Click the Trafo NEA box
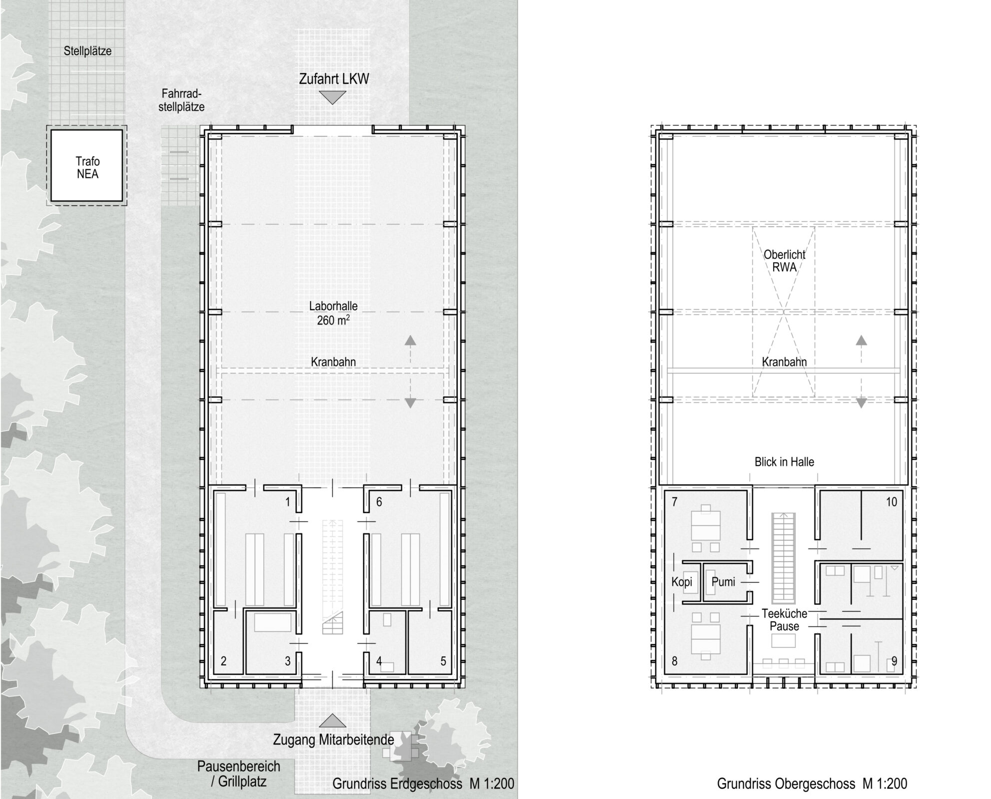coord(87,165)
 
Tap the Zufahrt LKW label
coord(334,79)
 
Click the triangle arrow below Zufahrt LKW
coord(332,98)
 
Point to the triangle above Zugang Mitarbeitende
coord(332,720)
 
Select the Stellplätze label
coord(87,51)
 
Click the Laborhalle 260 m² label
coord(333,313)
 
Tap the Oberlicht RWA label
coord(784,260)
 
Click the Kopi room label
coord(682,582)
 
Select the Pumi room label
coord(723,582)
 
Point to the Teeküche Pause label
coord(784,620)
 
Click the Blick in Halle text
coord(784,462)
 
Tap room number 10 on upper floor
coord(892,502)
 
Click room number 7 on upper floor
coord(675,502)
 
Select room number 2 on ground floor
coord(223,661)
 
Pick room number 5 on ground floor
coord(443,661)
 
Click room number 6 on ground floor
coord(379,502)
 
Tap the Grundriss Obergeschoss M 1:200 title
coord(812,784)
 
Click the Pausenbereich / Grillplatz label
coord(239,774)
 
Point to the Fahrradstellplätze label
coord(181,100)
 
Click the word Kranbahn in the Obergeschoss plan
coord(784,362)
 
